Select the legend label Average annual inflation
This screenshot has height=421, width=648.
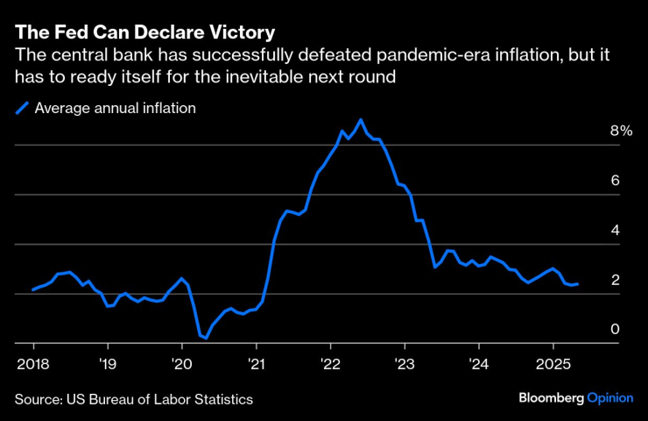pyautogui.click(x=115, y=108)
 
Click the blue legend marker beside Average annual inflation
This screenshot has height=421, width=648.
pyautogui.click(x=21, y=108)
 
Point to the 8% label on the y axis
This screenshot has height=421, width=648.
pyautogui.click(x=621, y=131)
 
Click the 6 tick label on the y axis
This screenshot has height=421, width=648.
pyautogui.click(x=615, y=181)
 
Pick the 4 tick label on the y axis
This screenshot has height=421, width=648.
pyautogui.click(x=615, y=231)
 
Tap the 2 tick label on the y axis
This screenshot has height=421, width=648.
pyautogui.click(x=615, y=281)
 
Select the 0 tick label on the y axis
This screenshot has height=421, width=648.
pyautogui.click(x=615, y=330)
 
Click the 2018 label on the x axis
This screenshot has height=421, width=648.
pyautogui.click(x=33, y=361)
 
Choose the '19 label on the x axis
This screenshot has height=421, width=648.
pyautogui.click(x=108, y=361)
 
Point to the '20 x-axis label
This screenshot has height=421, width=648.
pyautogui.click(x=181, y=361)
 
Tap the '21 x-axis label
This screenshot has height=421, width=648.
pyautogui.click(x=256, y=361)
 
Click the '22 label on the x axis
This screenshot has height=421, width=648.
pyautogui.click(x=330, y=361)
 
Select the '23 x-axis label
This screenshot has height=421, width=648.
pyautogui.click(x=405, y=361)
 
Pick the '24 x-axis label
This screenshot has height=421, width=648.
pyautogui.click(x=479, y=361)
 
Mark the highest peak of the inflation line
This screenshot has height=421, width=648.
pyautogui.click(x=361, y=119)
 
